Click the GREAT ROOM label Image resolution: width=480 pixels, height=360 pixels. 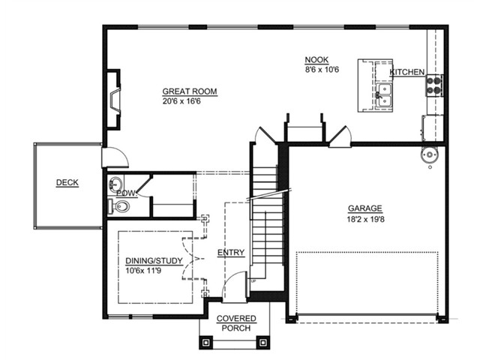(x=190, y=91)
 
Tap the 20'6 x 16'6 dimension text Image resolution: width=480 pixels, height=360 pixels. (x=181, y=101)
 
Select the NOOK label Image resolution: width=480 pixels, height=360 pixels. (x=316, y=60)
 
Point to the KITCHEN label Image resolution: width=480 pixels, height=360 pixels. (x=406, y=72)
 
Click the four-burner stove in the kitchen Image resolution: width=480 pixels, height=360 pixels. (x=434, y=85)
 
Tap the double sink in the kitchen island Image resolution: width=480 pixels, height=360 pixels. (x=384, y=95)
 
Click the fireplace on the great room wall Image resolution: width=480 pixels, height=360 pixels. (x=113, y=100)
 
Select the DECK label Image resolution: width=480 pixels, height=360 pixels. (x=67, y=182)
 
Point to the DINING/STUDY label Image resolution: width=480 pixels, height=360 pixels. (x=154, y=261)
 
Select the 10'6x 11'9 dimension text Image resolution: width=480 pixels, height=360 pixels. (x=143, y=270)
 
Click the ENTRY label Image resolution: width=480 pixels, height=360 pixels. (x=231, y=253)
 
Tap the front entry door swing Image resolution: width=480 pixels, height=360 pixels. (x=235, y=286)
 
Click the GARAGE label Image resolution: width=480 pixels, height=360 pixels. (x=365, y=208)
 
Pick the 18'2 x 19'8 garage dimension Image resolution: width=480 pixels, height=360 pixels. (x=365, y=219)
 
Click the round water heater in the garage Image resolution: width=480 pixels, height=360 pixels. (x=430, y=155)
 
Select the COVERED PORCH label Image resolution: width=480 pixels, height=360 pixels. (x=236, y=323)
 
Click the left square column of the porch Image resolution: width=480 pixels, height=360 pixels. (x=205, y=342)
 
